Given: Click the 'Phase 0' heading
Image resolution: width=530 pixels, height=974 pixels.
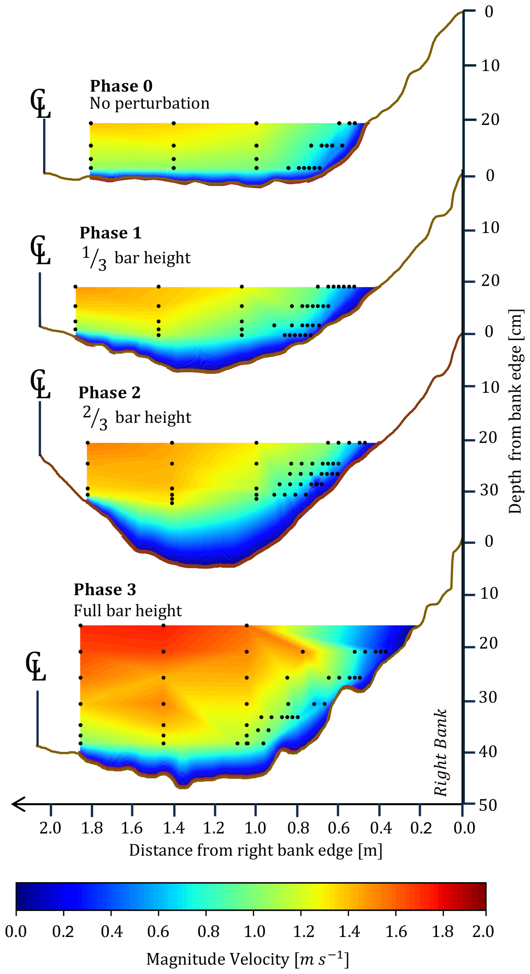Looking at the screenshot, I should (x=121, y=86).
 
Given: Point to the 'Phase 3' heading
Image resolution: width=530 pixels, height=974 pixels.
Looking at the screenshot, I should (x=105, y=589).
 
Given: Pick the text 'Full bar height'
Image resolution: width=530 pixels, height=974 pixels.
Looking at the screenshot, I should (x=127, y=611).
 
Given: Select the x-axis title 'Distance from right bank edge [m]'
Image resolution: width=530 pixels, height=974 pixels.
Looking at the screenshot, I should (x=255, y=850).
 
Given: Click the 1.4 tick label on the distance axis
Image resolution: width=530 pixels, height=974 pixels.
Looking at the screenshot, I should (x=173, y=828).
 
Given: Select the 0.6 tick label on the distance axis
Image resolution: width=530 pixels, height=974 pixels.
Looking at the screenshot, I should (x=338, y=828).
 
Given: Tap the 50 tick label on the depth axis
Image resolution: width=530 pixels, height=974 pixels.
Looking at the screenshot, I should (x=488, y=805).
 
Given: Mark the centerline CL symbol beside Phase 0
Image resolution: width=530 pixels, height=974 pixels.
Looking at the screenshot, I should (x=40, y=104).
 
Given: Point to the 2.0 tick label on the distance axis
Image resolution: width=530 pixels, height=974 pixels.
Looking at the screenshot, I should (x=50, y=828).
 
